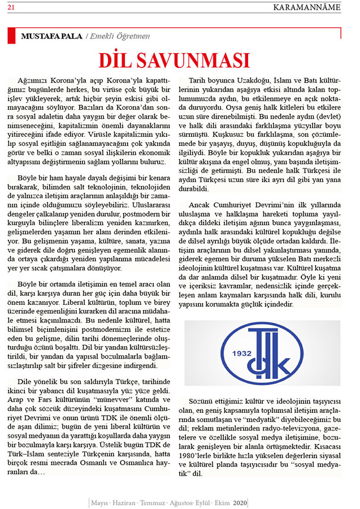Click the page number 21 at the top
[11, 6]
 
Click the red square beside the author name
[11, 36]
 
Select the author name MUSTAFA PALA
[51, 36]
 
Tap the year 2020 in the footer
[240, 502]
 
